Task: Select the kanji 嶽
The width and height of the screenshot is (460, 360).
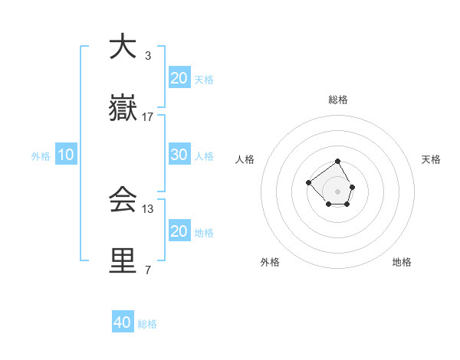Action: [123, 110]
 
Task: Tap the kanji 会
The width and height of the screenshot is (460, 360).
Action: [123, 201]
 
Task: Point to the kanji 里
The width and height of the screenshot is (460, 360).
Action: [123, 261]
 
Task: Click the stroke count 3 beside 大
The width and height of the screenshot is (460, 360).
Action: [148, 55]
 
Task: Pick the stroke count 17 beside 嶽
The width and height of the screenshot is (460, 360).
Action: [148, 117]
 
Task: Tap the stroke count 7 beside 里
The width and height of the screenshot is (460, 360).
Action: [148, 270]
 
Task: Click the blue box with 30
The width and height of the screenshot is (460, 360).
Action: [179, 154]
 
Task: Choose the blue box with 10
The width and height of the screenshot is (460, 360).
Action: [66, 155]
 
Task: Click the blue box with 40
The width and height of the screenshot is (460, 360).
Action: [123, 322]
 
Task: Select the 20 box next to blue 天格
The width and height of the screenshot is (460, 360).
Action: [179, 77]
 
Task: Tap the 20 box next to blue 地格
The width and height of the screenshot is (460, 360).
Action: [179, 231]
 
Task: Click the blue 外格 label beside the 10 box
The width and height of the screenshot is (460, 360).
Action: [41, 156]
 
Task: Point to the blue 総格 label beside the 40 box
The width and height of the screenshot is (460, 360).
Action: [147, 324]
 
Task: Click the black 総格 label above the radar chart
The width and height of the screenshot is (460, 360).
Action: [337, 100]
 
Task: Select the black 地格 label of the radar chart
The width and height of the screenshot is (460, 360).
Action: [402, 262]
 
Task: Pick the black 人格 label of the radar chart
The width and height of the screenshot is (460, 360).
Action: [245, 159]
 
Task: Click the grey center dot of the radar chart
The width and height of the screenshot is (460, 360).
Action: [337, 191]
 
